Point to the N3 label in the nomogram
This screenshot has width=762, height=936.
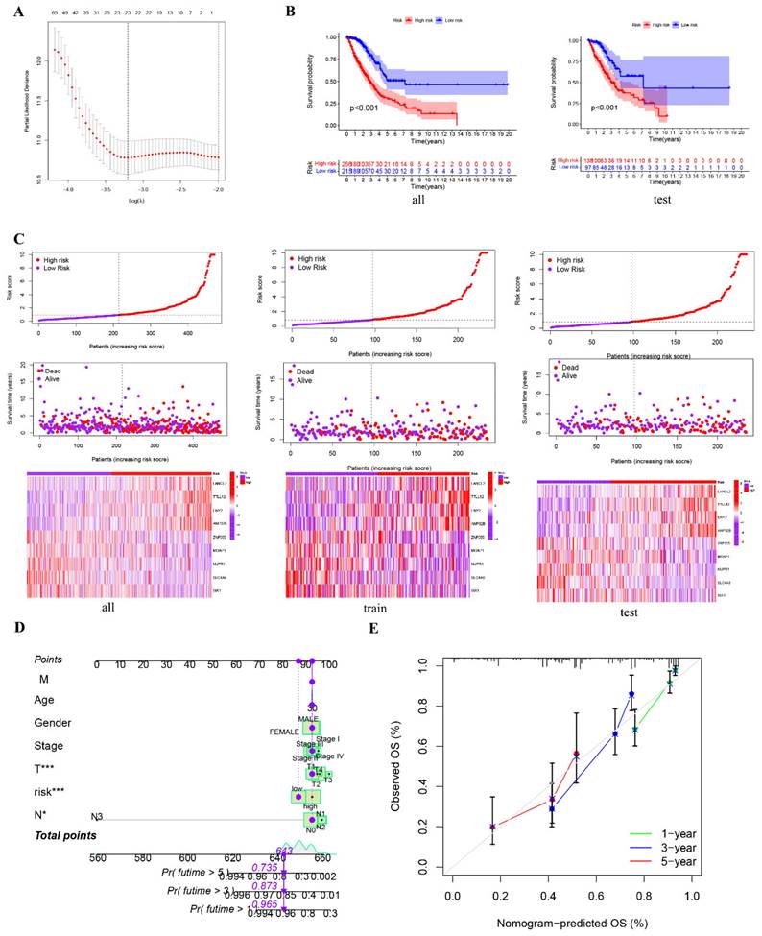pos(98,817)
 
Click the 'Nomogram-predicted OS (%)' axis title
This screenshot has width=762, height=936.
pos(578,924)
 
